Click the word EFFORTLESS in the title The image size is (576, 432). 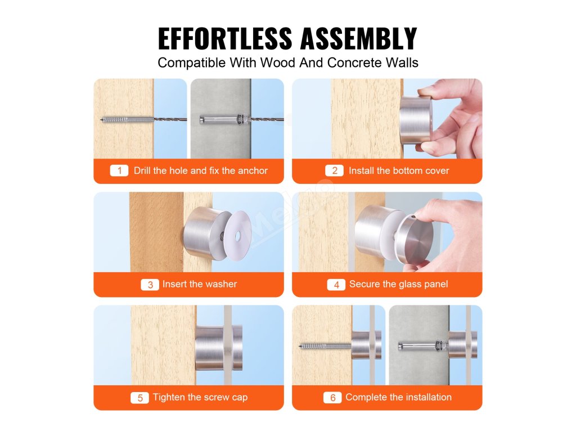pos(225,38)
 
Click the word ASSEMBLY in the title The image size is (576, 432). pos(358,38)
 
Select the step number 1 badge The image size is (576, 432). pos(119,171)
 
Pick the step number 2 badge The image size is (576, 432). pos(334,171)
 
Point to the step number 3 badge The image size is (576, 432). pos(150,285)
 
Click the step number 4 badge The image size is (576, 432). pos(336,285)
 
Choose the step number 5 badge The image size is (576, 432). pos(139,398)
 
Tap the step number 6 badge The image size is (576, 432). pos(332,398)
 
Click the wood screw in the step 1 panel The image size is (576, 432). pos(127,119)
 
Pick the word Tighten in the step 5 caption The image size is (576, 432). pos(169,398)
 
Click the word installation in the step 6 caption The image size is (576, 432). pos(428,397)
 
